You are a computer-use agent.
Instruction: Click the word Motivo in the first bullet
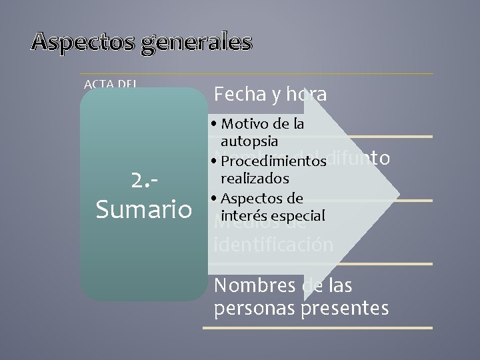247,124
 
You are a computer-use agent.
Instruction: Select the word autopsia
249,141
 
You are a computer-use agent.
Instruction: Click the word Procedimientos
273,161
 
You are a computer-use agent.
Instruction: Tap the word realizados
255,179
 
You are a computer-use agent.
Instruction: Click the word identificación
273,245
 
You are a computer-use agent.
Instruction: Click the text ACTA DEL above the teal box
111,84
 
